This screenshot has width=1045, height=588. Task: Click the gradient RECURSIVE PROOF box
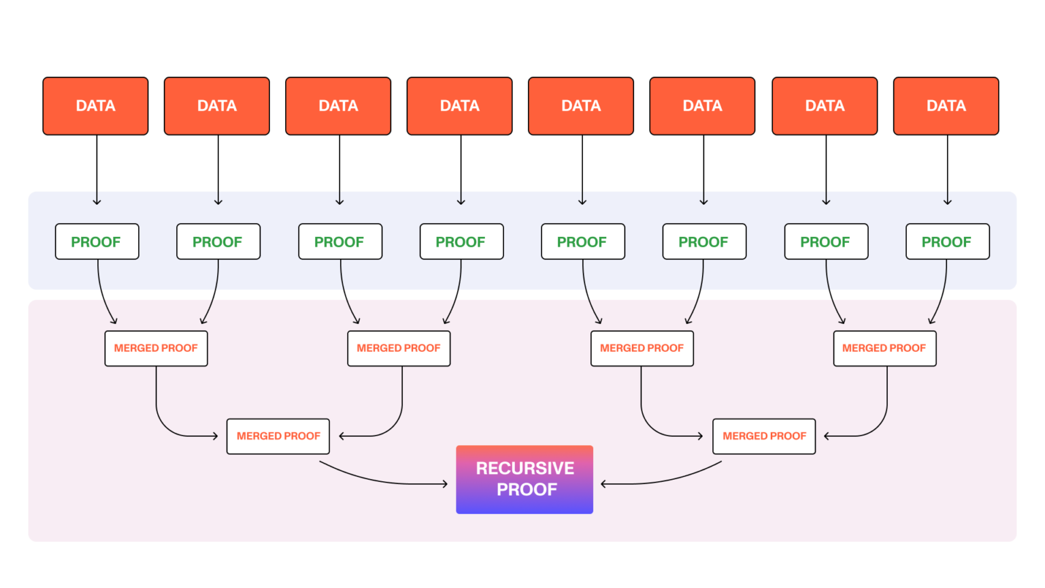[524, 479]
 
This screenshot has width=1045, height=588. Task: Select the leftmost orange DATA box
[95, 106]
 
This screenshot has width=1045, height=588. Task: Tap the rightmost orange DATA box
[946, 106]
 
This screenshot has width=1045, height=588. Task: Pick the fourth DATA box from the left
[459, 106]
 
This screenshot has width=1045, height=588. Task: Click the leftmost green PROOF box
[97, 242]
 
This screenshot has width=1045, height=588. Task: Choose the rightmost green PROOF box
[947, 242]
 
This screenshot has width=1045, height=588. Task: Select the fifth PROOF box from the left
[582, 242]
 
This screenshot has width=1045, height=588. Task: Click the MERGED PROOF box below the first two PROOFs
[156, 348]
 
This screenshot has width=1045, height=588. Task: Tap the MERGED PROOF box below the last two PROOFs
[884, 348]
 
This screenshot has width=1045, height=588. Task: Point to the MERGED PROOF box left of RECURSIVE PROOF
[278, 436]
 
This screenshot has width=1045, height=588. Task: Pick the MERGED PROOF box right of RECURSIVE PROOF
[763, 436]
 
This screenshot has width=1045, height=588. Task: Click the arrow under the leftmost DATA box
[97, 170]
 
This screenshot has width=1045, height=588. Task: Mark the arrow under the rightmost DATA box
[947, 170]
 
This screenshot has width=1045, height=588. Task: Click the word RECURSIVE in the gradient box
[525, 468]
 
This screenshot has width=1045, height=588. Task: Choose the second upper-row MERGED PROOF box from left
[399, 348]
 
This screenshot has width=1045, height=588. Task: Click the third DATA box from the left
[338, 106]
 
